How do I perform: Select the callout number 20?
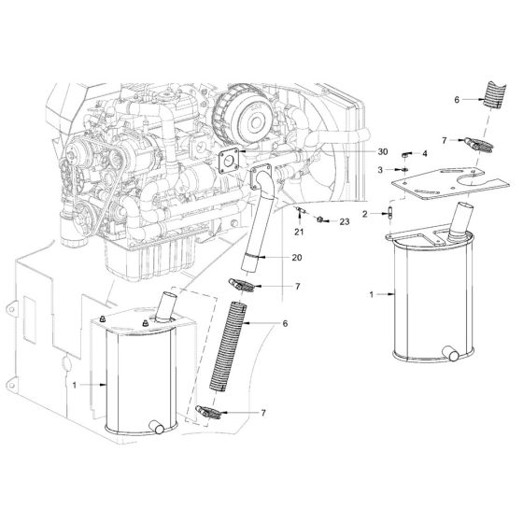[x=297, y=257]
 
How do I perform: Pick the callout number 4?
[x=425, y=152]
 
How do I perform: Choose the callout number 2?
[x=378, y=214]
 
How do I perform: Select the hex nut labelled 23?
[x=320, y=219]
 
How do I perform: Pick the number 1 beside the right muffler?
[x=373, y=294]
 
